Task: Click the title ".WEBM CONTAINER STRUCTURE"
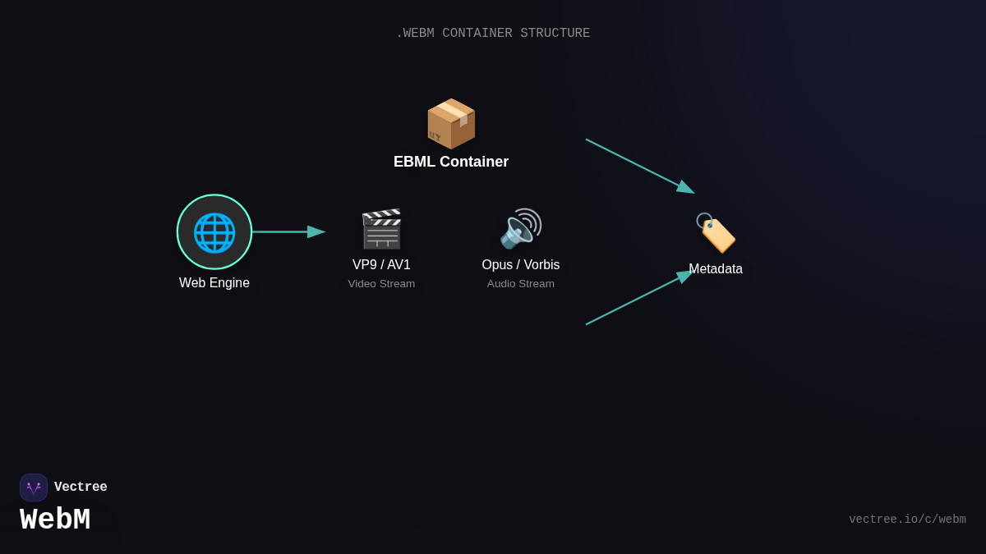point(493,34)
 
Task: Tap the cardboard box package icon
point(451,123)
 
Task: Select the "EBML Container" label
point(451,162)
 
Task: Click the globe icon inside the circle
point(214,232)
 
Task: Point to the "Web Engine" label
point(214,283)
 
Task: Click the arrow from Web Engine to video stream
point(288,232)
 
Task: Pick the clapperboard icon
point(381,229)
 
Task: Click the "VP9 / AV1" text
point(381,265)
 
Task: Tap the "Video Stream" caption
point(381,284)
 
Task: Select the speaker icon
point(521,229)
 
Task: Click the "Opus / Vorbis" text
point(521,265)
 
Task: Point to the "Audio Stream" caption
point(521,284)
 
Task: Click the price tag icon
point(716,233)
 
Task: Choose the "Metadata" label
point(716,269)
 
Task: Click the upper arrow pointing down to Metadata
point(639,166)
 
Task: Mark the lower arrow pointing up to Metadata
point(639,298)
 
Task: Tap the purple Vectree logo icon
point(34,488)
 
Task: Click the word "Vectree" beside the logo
point(81,488)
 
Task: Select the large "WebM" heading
point(55,520)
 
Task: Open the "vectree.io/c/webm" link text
point(907,520)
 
